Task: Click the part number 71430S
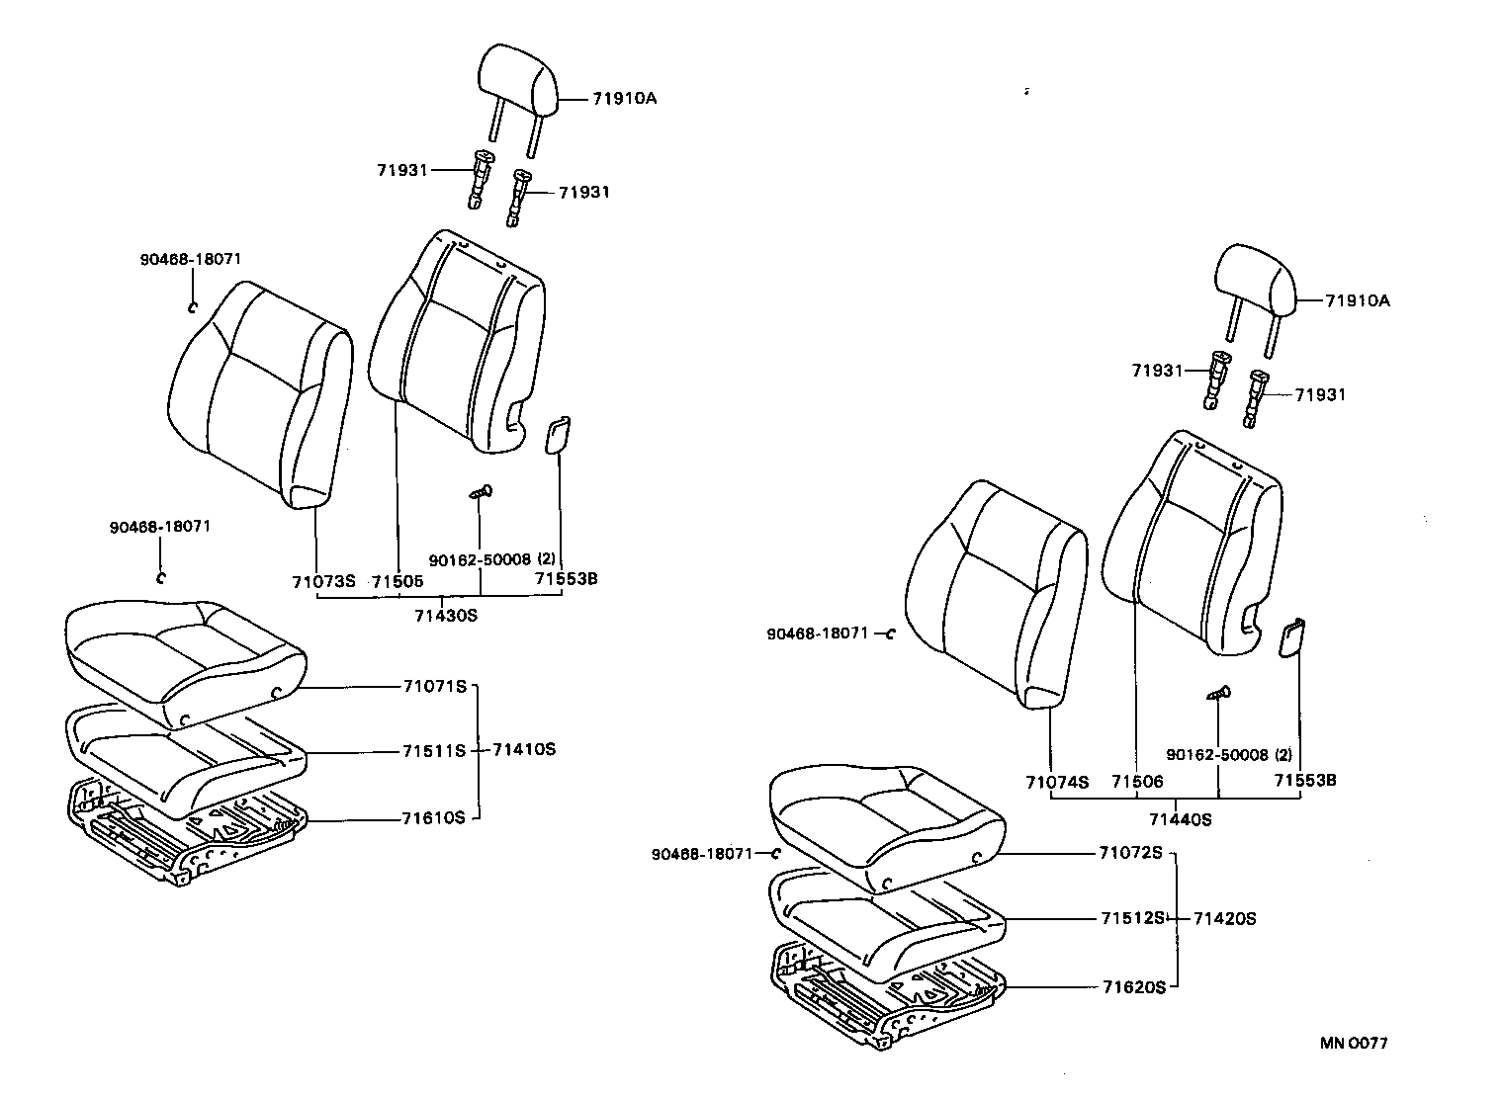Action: [445, 615]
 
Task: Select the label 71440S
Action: [1180, 819]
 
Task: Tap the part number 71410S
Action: [524, 749]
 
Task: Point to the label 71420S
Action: [1224, 918]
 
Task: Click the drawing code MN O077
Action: [1354, 1043]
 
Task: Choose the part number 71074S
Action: [1057, 782]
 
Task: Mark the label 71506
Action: [1137, 782]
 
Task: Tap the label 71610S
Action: [433, 817]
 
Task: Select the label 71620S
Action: [1134, 986]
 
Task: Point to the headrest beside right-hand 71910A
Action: [1254, 282]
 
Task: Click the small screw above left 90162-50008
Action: [482, 491]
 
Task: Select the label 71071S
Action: [433, 686]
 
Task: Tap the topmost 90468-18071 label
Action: [190, 259]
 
